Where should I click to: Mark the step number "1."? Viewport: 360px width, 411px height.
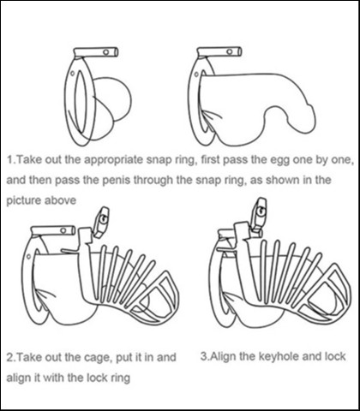click(x=12, y=159)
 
